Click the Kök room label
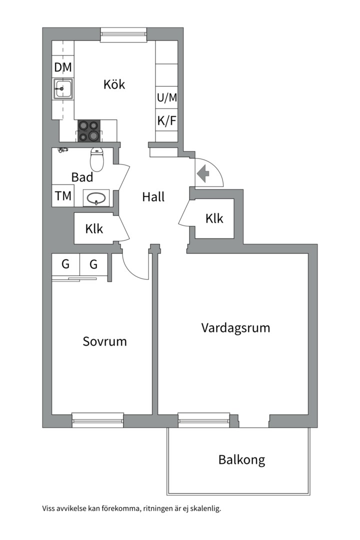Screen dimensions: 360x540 coord(114,84)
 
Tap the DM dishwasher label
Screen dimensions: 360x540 coord(63,67)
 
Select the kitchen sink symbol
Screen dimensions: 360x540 coord(63,88)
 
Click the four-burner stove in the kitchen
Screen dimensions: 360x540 coord(89,131)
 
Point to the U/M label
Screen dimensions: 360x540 coord(167,98)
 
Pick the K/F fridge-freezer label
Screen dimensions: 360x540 coord(167,121)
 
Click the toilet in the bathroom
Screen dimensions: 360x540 coord(97,159)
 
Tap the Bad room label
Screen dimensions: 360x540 coord(82,177)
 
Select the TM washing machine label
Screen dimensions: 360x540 coord(63,196)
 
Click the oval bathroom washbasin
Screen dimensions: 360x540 coord(96,198)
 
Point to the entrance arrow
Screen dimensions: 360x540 coord(203,173)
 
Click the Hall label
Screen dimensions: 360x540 coord(153,197)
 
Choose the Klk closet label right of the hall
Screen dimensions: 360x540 coord(214,218)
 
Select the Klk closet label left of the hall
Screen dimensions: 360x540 coord(94,228)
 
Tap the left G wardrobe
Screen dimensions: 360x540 coord(65,264)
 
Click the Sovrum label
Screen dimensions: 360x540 coord(104,341)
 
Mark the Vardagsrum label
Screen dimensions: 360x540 coord(235,327)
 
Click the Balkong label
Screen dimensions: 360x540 coord(242,459)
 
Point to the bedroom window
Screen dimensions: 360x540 coord(98,420)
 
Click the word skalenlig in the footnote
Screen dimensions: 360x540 coord(206,508)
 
